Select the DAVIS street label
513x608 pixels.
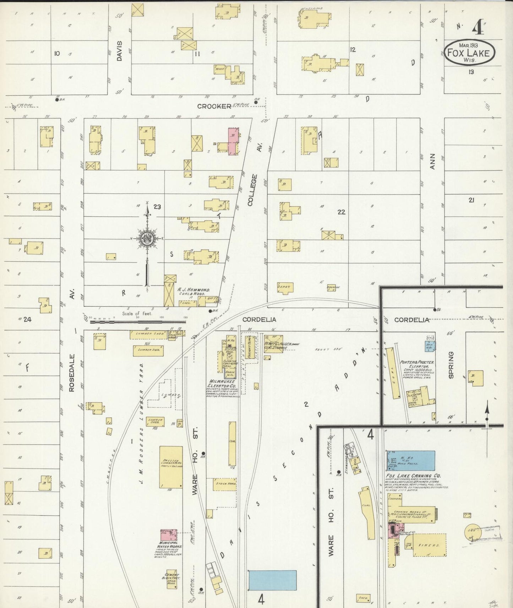tap(119, 51)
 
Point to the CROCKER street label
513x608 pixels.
tap(214, 106)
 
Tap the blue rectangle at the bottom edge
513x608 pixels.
tap(272, 580)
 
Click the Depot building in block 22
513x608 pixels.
tap(283, 288)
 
